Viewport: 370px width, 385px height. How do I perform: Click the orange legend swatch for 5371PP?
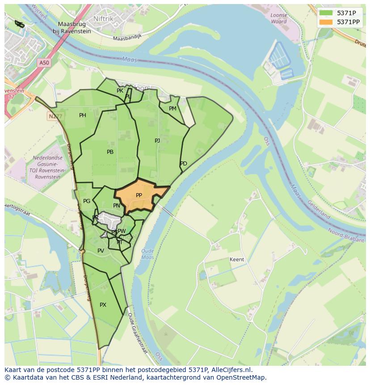(x=326, y=22)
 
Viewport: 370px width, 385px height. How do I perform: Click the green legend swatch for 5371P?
(x=326, y=13)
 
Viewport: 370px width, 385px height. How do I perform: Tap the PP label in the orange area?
(x=139, y=195)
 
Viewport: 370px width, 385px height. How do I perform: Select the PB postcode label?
(x=110, y=152)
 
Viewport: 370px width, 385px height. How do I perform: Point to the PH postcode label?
(x=83, y=115)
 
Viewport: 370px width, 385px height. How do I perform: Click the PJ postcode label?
(x=157, y=141)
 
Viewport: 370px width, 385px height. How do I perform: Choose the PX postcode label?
(x=103, y=305)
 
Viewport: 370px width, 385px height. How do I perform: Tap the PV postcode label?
(x=101, y=251)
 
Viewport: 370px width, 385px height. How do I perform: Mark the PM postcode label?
(x=172, y=109)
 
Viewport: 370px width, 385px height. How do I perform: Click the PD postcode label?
(x=184, y=164)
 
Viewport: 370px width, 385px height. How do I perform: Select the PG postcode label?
(x=87, y=201)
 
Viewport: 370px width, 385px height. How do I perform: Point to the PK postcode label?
(x=120, y=91)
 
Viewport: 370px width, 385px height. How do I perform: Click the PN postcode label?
(x=117, y=206)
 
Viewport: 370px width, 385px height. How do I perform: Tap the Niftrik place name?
(x=104, y=18)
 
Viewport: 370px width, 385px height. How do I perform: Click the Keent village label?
(x=237, y=259)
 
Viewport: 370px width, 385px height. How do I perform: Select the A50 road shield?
(x=44, y=63)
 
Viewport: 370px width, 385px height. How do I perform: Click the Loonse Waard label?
(x=279, y=18)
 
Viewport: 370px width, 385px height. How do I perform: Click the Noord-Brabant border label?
(x=345, y=235)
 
